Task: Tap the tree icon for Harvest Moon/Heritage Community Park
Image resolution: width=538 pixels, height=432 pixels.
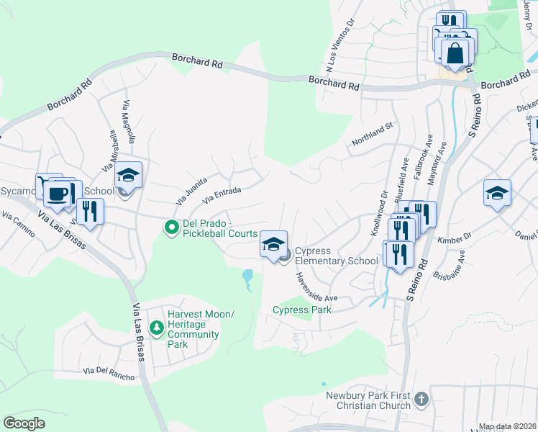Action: [156, 328]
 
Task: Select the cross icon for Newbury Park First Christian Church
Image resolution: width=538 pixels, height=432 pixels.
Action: [421, 398]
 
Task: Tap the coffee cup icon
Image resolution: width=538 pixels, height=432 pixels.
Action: [57, 193]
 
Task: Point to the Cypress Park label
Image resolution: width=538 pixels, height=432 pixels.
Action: [301, 310]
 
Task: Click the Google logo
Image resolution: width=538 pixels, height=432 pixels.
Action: [24, 423]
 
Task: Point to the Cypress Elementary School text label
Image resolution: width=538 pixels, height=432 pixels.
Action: [336, 256]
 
